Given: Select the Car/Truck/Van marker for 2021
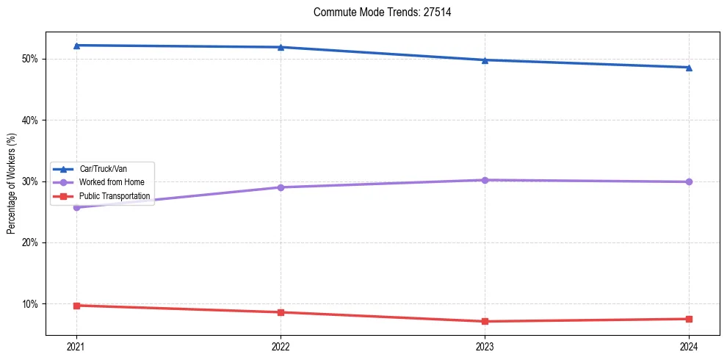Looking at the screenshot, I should click(76, 46).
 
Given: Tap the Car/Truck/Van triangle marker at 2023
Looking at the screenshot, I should click(485, 60).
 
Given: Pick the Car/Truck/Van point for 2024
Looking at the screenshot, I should click(689, 68).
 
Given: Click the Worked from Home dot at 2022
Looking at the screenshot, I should click(281, 187).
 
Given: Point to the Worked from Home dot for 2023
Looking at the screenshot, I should click(485, 180).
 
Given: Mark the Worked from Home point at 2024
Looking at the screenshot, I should click(689, 181).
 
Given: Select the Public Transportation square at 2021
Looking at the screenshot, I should click(76, 306).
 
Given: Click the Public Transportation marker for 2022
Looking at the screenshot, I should click(281, 312).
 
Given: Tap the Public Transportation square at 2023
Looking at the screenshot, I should click(485, 321).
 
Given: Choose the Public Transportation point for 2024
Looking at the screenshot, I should click(689, 319).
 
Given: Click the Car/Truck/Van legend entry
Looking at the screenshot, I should click(101, 169).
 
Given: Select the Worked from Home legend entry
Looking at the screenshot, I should click(101, 182).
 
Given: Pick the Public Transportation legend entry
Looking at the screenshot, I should click(101, 196).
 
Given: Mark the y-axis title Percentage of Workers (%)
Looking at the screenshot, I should click(12, 184).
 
